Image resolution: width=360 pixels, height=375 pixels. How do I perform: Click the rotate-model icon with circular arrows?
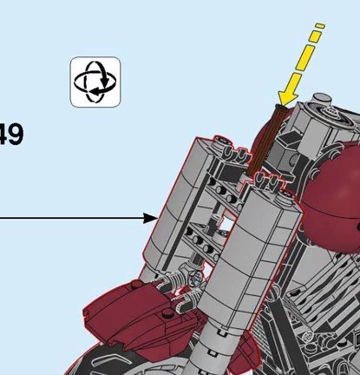point(95,82)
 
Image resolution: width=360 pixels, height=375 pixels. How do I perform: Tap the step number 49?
point(10,135)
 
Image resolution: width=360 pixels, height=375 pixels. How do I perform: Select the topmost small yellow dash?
point(320,26)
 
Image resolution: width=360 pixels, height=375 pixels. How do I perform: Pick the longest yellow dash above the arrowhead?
point(304,58)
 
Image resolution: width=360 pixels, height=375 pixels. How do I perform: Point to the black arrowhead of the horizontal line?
point(150,218)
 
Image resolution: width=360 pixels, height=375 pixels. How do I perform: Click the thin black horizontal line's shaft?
point(72,218)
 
